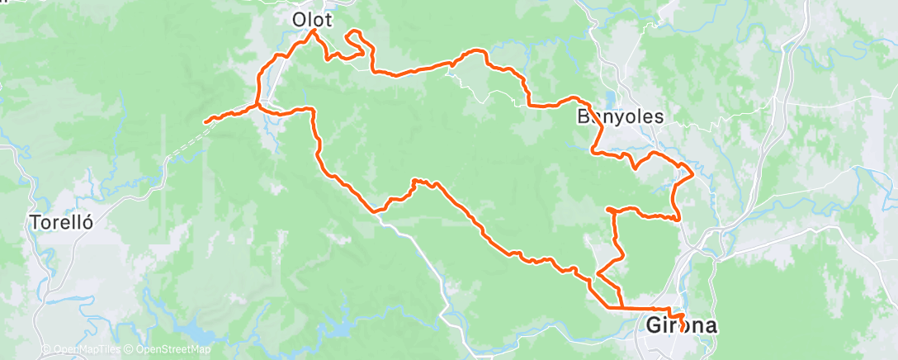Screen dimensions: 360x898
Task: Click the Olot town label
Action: [311, 18]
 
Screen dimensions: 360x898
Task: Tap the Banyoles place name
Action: [620, 116]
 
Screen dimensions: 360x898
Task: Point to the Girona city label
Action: [680, 325]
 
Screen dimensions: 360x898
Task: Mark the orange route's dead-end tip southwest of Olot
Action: [206, 121]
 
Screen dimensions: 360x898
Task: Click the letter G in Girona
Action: [653, 325]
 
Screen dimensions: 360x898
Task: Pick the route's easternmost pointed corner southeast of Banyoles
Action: [692, 175]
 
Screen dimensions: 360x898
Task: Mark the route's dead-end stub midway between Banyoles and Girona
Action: [608, 210]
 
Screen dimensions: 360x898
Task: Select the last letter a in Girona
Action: [709, 325]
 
